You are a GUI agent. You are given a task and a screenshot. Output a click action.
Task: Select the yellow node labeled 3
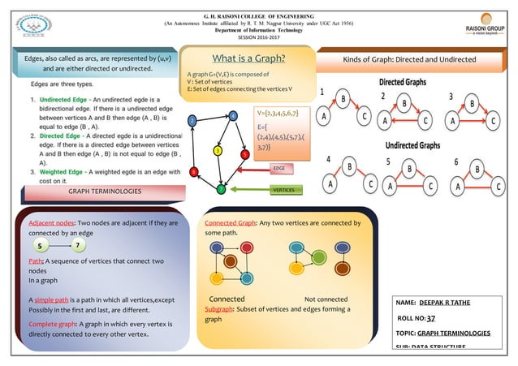point(218,150)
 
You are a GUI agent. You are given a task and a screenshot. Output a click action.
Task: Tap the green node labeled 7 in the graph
point(220,190)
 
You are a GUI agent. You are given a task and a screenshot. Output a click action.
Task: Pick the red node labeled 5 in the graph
point(244,153)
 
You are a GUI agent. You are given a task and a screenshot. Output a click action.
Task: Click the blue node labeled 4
point(233,116)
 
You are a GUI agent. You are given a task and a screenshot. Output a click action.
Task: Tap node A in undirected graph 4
point(330,184)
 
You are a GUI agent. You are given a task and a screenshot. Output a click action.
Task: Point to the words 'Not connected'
point(326,299)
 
